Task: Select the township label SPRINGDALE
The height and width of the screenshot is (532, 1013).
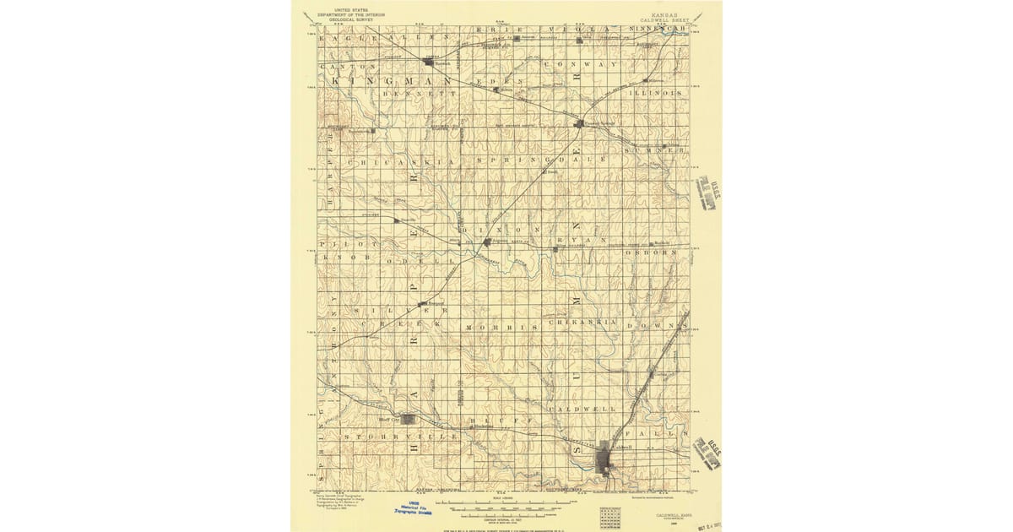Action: (x=541, y=160)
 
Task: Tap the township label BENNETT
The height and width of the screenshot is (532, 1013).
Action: (x=413, y=94)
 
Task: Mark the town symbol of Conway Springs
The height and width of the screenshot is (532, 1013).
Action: (x=579, y=123)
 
